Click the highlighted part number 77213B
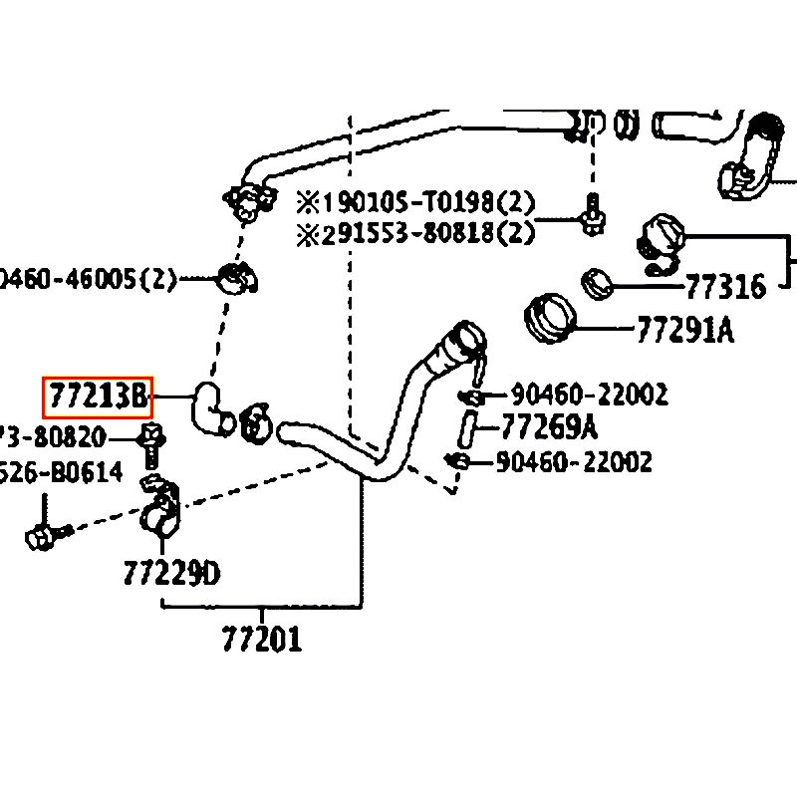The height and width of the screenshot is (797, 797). [x=96, y=398]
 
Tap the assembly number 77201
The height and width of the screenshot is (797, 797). [x=261, y=638]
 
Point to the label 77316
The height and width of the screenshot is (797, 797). [x=725, y=288]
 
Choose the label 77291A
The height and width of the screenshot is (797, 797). [x=684, y=330]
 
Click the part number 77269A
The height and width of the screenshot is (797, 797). [x=548, y=427]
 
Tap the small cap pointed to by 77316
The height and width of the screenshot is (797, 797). [x=597, y=283]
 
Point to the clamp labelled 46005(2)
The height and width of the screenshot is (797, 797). [x=236, y=278]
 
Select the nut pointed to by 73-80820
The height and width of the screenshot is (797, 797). [x=152, y=436]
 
